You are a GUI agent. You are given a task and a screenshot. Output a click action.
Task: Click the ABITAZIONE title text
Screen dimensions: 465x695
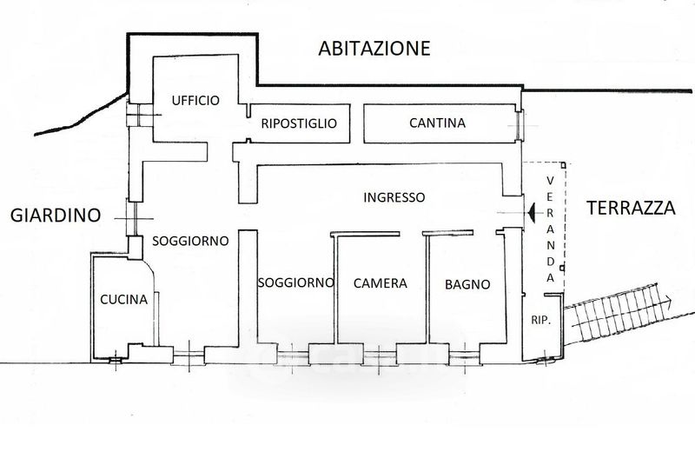coord(374,48)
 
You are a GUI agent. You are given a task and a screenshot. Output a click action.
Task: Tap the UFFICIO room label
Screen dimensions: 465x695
coord(195,100)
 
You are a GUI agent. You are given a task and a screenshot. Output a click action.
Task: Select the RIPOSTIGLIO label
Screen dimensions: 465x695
coord(299,123)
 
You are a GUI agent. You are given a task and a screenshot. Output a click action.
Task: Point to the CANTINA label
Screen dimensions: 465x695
coord(437,123)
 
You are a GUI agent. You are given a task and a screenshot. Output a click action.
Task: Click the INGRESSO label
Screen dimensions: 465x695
coord(394,197)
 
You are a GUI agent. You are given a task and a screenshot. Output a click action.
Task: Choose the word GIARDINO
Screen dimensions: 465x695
coord(56,216)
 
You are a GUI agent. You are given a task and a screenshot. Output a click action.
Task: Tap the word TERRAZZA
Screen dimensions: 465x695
coord(631,209)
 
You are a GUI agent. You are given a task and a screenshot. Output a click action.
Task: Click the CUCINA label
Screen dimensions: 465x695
coord(123,300)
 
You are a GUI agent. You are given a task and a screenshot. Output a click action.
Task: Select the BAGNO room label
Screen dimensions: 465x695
coord(467,283)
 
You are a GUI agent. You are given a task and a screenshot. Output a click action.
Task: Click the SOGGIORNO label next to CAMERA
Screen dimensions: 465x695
coord(296,282)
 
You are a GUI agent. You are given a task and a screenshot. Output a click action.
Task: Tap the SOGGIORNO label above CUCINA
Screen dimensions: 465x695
coord(190,240)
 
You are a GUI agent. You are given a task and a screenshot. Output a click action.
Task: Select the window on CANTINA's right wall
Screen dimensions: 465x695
coord(520,126)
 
